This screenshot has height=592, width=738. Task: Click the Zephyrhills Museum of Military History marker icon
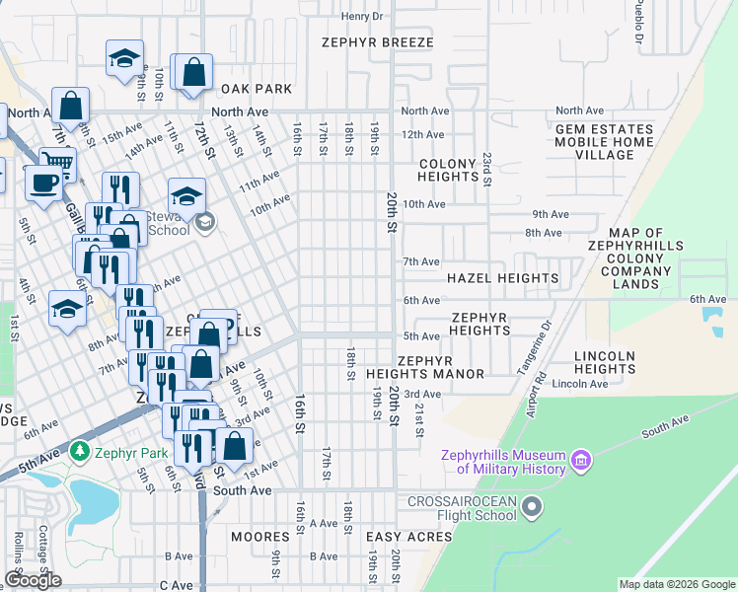581,461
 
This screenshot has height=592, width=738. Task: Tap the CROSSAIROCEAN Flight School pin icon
533,508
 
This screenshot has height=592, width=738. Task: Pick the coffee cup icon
42,184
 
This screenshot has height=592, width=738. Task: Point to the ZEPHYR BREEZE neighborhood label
378,42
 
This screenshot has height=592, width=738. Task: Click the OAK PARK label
256,89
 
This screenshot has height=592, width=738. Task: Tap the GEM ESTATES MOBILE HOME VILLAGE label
604,142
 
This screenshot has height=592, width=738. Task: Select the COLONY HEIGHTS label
448,170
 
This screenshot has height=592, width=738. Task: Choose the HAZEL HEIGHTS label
502,278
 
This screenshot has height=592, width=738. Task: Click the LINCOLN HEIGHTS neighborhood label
604,362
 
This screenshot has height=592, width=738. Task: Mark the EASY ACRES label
408,537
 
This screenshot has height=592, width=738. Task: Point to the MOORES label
259,537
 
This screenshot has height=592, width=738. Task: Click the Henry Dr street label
361,16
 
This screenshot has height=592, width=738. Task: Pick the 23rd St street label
486,169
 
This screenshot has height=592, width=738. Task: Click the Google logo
33,581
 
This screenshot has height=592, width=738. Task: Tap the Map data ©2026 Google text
676,584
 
